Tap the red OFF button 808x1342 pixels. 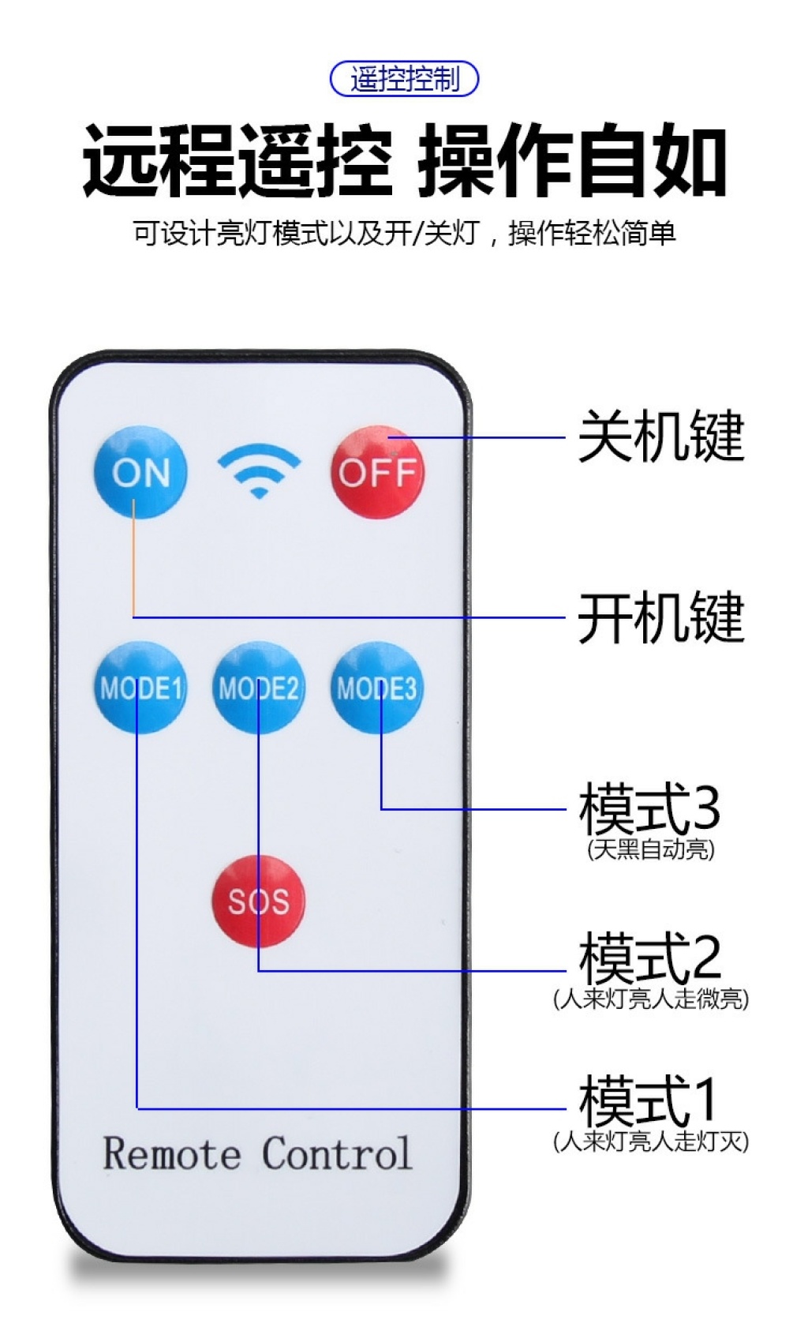(x=376, y=472)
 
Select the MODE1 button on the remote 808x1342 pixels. (x=140, y=688)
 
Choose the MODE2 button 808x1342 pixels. (x=258, y=688)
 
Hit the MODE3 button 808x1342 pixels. (x=376, y=688)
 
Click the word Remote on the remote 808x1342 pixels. (x=171, y=1154)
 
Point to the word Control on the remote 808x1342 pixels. (x=337, y=1154)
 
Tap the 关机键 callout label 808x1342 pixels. (x=661, y=437)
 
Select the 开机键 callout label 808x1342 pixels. (x=661, y=617)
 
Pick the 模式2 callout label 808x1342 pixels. (x=649, y=958)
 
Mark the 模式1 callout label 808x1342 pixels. (x=649, y=1100)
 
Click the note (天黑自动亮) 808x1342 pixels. (x=651, y=849)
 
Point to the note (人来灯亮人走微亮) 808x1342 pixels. (x=651, y=999)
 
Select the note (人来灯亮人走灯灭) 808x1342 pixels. (x=651, y=1141)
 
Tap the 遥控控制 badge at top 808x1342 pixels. (x=404, y=79)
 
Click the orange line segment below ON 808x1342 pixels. (x=133, y=560)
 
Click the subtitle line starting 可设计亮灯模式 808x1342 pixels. (x=404, y=234)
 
